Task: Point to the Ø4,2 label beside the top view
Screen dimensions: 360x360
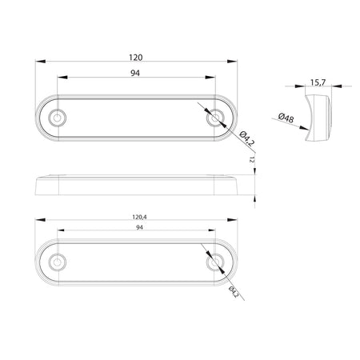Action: pos(247,138)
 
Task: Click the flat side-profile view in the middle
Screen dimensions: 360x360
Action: pos(138,186)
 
